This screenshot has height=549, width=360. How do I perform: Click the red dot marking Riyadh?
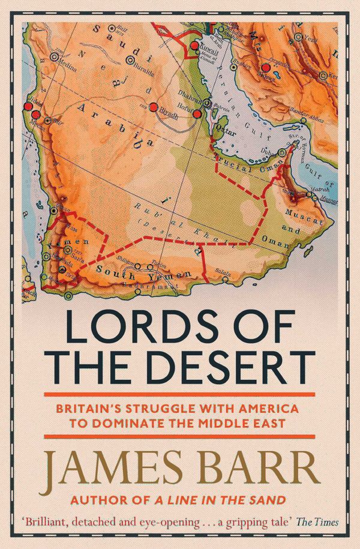pyautogui.click(x=154, y=108)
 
